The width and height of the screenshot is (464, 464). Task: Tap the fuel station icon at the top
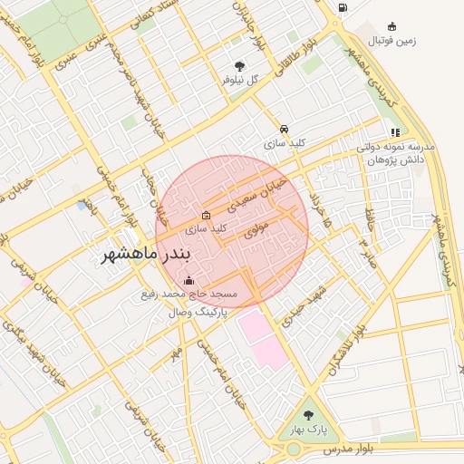point(342,8)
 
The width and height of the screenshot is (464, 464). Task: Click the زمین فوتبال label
point(391,41)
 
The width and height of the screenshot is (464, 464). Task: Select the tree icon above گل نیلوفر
point(239,65)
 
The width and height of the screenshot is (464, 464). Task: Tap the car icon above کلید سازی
point(285,129)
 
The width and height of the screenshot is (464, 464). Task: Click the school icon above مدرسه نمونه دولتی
point(395,132)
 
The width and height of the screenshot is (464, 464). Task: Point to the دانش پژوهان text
point(396,159)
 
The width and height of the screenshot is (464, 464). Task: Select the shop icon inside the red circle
point(206,216)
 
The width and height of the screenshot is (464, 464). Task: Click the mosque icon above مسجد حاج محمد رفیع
point(188,280)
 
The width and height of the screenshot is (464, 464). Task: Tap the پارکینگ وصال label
point(189,312)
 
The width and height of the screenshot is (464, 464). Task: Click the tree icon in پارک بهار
point(307,415)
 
